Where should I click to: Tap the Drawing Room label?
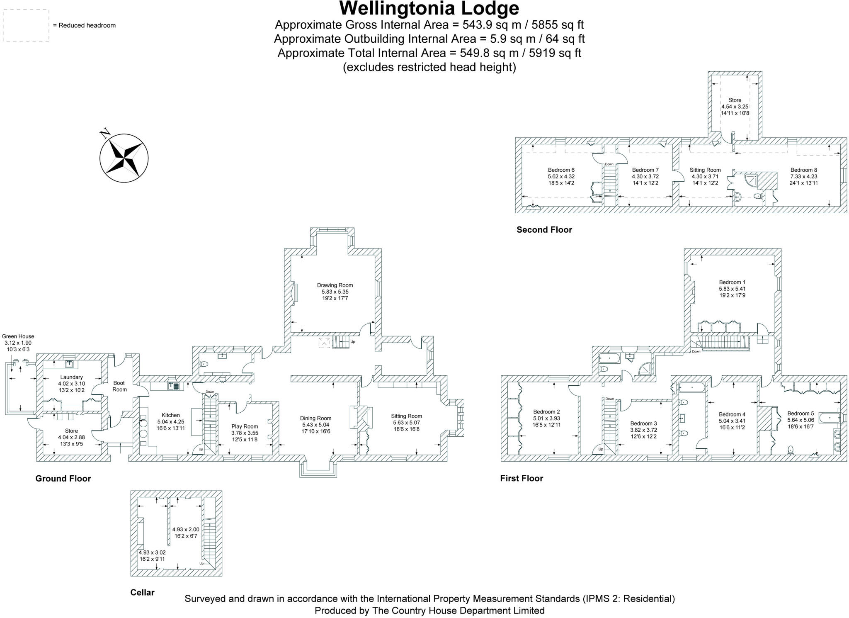click(335, 285)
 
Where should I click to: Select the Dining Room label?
click(315, 418)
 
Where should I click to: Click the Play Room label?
click(245, 426)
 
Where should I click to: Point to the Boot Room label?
click(119, 386)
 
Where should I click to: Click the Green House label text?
click(18, 336)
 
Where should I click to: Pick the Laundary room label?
click(71, 377)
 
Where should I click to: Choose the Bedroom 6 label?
click(561, 170)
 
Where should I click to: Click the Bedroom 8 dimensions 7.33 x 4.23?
click(803, 176)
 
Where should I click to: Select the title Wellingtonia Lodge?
click(429, 8)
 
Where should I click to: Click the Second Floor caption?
click(544, 230)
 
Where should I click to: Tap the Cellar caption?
click(142, 592)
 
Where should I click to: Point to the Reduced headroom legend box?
click(26, 26)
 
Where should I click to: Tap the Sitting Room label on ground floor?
click(406, 416)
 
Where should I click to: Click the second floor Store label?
click(735, 100)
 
